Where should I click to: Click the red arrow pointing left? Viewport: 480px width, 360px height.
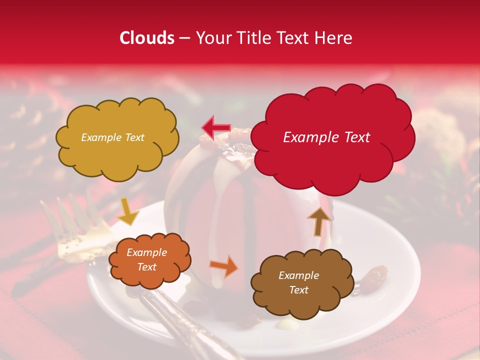pyautogui.click(x=215, y=127)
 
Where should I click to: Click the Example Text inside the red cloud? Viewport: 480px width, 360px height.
pyautogui.click(x=326, y=137)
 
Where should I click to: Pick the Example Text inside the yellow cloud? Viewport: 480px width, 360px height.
pyautogui.click(x=112, y=137)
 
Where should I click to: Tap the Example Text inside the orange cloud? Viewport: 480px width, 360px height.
pyautogui.click(x=147, y=260)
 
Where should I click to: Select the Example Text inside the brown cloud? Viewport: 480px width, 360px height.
pyautogui.click(x=299, y=282)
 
